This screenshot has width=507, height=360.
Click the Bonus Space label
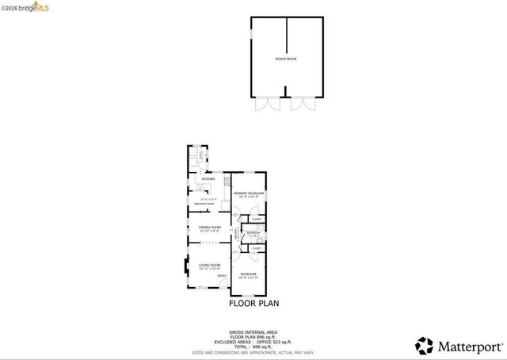coord(286,59)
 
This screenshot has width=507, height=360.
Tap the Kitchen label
coord(208,179)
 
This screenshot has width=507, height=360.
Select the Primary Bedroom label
coord(249,193)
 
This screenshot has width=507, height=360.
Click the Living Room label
coord(209,264)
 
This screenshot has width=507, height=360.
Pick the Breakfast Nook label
coord(204,205)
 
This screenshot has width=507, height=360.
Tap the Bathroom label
coord(253,233)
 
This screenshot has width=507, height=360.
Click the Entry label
coord(223,276)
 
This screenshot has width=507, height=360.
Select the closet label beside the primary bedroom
coord(257,219)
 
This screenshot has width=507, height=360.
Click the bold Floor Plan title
coord(253,303)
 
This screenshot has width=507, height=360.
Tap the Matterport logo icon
coord(425,346)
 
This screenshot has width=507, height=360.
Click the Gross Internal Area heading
coord(253,331)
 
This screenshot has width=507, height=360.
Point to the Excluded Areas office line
coord(253,341)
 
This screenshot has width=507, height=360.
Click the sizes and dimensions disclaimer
coord(253,351)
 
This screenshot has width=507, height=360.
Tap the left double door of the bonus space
coord(266,105)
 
